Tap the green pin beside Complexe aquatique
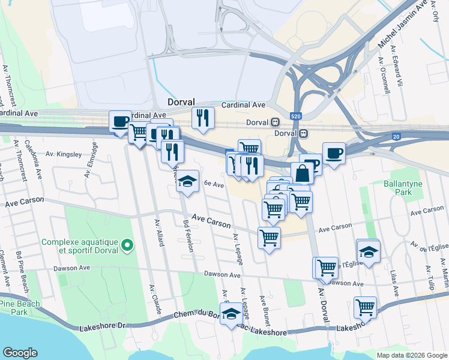tap(127, 245)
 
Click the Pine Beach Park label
tap(20, 308)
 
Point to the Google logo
tap(20, 353)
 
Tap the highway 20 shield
tap(396, 136)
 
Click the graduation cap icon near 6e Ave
tap(187, 181)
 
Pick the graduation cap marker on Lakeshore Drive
tap(231, 314)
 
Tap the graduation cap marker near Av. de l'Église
tap(368, 250)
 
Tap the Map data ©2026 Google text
tap(411, 355)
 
